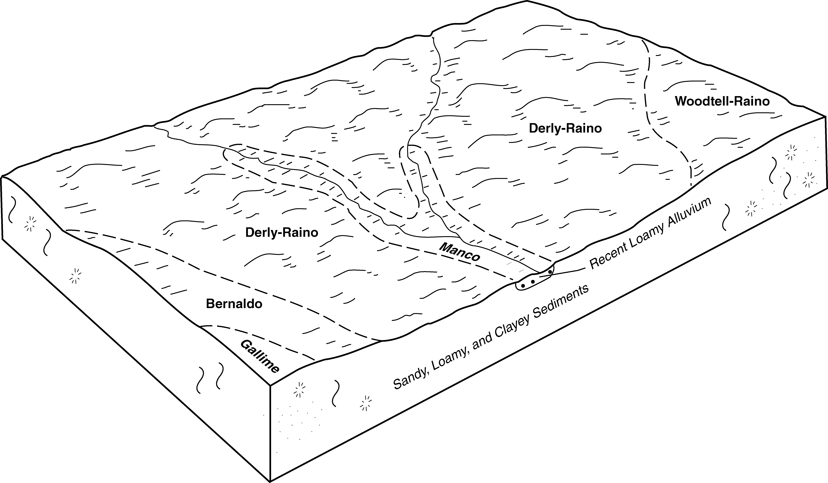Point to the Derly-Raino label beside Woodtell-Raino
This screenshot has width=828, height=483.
pyautogui.click(x=565, y=128)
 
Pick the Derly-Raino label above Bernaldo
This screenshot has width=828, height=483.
pyautogui.click(x=282, y=233)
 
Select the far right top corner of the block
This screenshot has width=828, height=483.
pyautogui.click(x=825, y=116)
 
